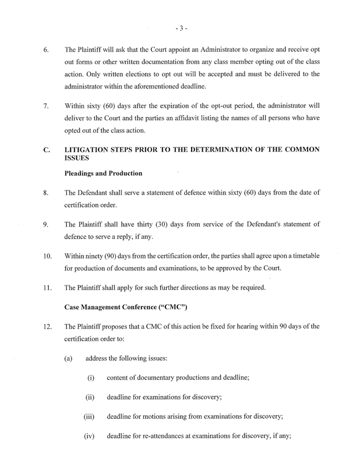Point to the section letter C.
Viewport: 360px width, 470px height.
46,150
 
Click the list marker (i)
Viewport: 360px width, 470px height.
91,378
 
